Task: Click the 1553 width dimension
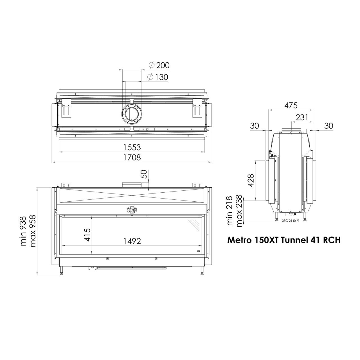[132, 147]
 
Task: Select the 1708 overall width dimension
[132, 157]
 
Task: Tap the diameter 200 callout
[159, 65]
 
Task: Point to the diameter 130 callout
[158, 77]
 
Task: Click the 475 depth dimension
[291, 105]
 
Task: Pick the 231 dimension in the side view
[302, 117]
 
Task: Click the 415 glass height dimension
[88, 235]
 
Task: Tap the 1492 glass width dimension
[132, 241]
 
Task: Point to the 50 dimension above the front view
[145, 174]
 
